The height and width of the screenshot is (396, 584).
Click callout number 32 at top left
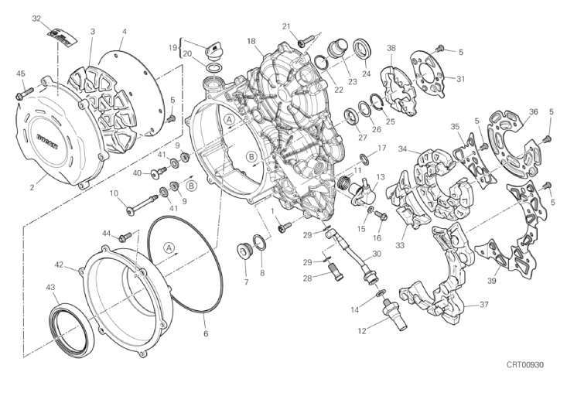tap(36, 19)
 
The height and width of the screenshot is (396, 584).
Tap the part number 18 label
tap(251, 40)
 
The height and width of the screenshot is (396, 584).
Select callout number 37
tap(483, 304)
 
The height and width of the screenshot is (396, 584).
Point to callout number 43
tap(52, 288)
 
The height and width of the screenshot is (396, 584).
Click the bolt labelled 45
tap(22, 95)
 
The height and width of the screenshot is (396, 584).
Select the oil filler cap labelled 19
tap(213, 51)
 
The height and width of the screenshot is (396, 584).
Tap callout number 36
tap(533, 112)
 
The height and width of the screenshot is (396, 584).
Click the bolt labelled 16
tap(379, 216)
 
